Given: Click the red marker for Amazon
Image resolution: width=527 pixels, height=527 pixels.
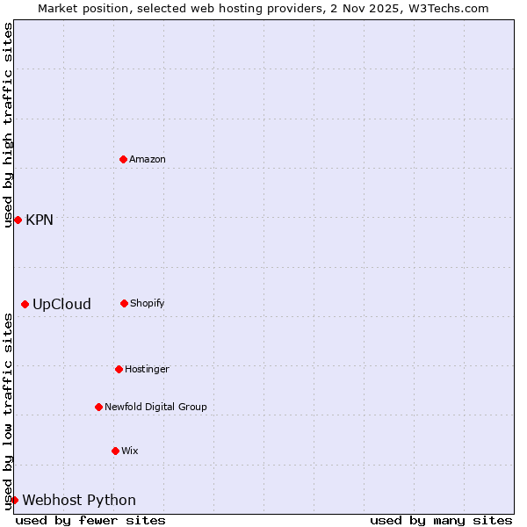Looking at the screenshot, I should (124, 159).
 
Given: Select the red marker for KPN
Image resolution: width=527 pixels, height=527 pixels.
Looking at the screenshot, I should (18, 220).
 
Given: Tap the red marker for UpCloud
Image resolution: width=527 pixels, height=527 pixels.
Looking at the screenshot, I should (25, 304).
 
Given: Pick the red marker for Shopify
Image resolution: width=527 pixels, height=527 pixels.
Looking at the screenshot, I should (124, 303).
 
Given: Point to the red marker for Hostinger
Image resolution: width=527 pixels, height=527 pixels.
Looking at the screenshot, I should (119, 369).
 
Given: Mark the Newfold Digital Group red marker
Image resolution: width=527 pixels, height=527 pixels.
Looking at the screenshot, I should (98, 407).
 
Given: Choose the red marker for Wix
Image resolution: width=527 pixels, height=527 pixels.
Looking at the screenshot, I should (115, 451).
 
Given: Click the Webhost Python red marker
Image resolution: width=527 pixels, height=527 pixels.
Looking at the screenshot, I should (14, 500).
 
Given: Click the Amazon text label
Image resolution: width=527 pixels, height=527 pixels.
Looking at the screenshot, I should (148, 159).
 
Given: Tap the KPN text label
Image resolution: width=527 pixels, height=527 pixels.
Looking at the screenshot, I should (40, 220).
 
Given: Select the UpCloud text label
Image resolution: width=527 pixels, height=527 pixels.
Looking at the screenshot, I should (61, 304).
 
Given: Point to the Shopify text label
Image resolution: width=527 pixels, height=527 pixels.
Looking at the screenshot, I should (148, 303).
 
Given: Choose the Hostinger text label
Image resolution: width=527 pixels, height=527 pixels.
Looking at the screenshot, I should (147, 369).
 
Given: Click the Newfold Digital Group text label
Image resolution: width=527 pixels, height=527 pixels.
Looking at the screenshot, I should (155, 407).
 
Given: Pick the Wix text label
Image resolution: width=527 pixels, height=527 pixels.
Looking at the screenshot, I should (130, 451).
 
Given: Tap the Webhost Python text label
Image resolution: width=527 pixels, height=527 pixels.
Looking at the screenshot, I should (79, 500).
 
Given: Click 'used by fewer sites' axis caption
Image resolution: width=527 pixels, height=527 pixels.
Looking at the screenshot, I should (90, 520).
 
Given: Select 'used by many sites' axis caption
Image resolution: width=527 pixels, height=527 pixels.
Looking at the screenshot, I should (441, 520).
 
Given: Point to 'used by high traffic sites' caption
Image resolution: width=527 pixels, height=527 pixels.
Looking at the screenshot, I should (8, 125).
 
